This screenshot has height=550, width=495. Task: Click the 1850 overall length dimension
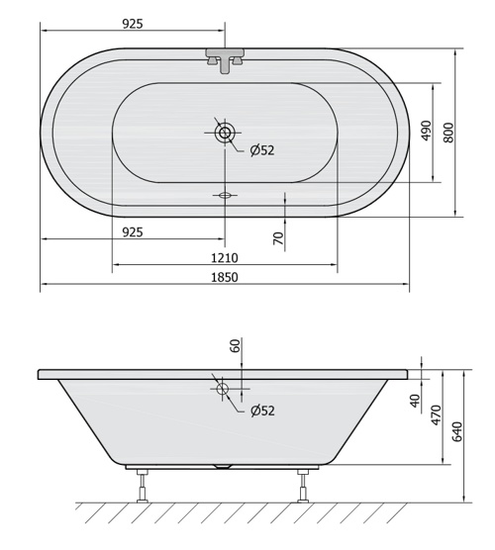(x=225, y=277)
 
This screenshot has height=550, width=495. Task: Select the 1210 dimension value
(x=225, y=258)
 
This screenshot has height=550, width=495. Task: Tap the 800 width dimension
(x=448, y=133)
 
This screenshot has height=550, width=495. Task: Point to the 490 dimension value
(x=426, y=131)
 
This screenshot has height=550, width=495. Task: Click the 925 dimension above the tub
(x=133, y=24)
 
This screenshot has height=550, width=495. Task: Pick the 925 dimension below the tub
(x=133, y=232)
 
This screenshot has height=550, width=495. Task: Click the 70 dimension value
(x=278, y=238)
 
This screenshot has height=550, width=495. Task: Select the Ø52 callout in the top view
(x=262, y=150)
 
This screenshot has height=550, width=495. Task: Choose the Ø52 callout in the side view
(x=262, y=411)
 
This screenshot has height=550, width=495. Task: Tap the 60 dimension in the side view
(x=236, y=345)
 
